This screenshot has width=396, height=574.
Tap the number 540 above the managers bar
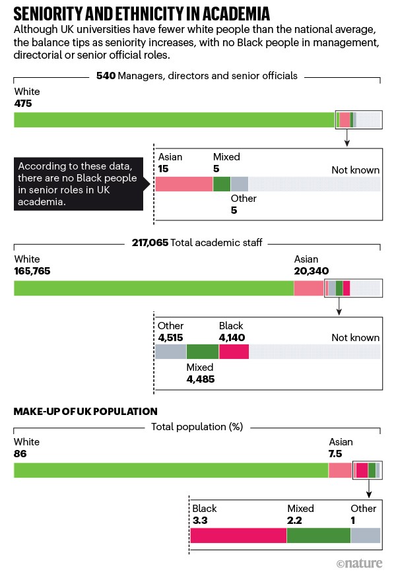pyautogui.click(x=106, y=76)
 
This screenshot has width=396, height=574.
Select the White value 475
pyautogui.click(x=22, y=104)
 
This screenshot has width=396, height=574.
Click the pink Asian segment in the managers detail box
pyautogui.click(x=183, y=184)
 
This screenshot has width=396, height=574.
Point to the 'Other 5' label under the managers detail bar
pyautogui.click(x=243, y=205)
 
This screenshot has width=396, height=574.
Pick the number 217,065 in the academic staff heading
pyautogui.click(x=150, y=243)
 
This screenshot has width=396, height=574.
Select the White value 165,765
pyautogui.click(x=32, y=271)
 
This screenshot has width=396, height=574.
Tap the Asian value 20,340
pyautogui.click(x=311, y=271)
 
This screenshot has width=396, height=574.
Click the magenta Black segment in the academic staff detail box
pyautogui.click(x=234, y=352)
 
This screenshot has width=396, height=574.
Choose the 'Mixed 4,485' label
pyautogui.click(x=200, y=373)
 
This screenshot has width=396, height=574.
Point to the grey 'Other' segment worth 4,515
pyautogui.click(x=170, y=352)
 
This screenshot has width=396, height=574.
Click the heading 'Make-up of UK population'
pyautogui.click(x=85, y=411)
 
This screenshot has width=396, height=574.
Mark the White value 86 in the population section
pyautogui.click(x=20, y=454)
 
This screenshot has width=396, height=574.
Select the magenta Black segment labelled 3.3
pyautogui.click(x=238, y=535)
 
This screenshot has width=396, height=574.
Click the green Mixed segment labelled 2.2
pyautogui.click(x=318, y=535)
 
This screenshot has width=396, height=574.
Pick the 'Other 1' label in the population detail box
pyautogui.click(x=363, y=515)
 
